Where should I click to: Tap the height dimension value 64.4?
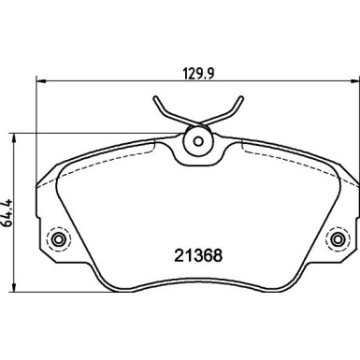pyautogui.click(x=9, y=209)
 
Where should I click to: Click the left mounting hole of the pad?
pyautogui.click(x=61, y=241)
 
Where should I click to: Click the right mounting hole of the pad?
pyautogui.click(x=334, y=241)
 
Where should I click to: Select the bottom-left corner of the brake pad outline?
pyautogui.click(x=101, y=287)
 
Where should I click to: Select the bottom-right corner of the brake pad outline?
pyautogui.click(x=294, y=287)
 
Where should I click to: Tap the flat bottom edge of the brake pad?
pyautogui.click(x=197, y=289)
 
